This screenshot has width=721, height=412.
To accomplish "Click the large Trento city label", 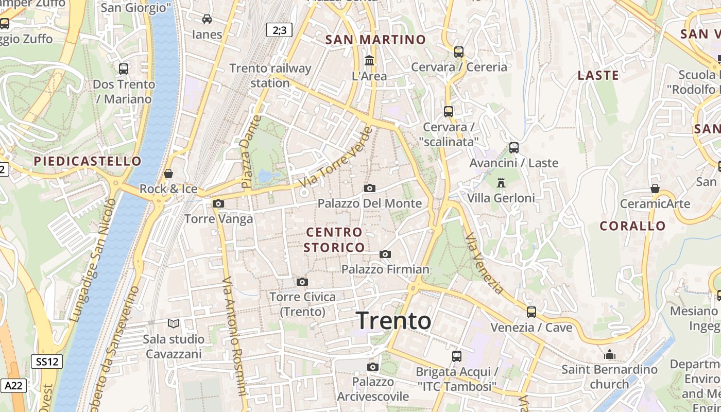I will click(x=393, y=320).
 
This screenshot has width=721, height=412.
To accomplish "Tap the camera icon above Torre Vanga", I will click(x=218, y=203).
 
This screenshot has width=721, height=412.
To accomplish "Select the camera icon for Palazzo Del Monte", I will click(x=370, y=188).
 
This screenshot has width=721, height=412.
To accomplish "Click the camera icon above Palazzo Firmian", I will click(x=385, y=254).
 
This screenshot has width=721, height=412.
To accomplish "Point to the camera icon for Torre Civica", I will click(x=302, y=282).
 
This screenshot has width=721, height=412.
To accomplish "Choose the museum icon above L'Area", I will click(x=369, y=61).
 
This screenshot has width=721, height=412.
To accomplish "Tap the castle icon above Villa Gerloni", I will click(x=501, y=182).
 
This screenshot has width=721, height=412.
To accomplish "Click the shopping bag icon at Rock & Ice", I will click(x=168, y=174).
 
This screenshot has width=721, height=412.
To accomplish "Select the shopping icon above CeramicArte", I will click(x=655, y=188).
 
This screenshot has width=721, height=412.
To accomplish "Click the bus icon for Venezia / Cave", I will click(x=531, y=312).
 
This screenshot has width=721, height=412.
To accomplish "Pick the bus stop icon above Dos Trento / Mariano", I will click(x=124, y=68).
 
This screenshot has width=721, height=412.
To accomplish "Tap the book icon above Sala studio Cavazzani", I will click(x=174, y=323).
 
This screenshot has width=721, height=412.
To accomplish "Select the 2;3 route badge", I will click(x=280, y=30).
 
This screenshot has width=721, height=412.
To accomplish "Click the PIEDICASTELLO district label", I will click(x=88, y=161).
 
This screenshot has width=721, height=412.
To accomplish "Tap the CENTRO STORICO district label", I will click(x=334, y=240).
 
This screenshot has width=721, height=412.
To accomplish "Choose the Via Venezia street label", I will click(x=484, y=263).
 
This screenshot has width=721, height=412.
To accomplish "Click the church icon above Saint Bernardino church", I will click(x=610, y=354).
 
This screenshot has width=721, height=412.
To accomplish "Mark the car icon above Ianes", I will click(x=207, y=19).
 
